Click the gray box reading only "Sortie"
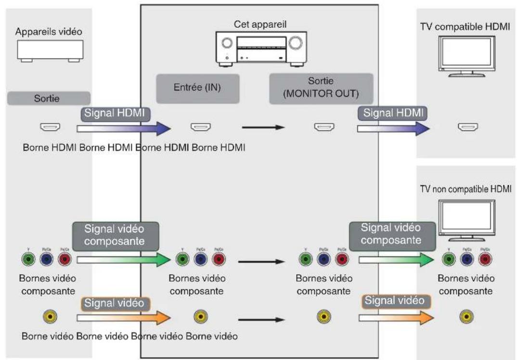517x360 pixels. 49,100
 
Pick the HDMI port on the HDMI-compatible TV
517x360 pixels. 467,128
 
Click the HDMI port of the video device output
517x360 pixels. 50,128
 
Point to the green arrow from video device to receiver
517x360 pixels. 123,260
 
